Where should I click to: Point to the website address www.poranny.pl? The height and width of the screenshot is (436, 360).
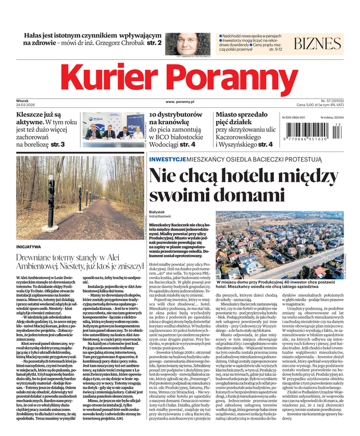180,102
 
